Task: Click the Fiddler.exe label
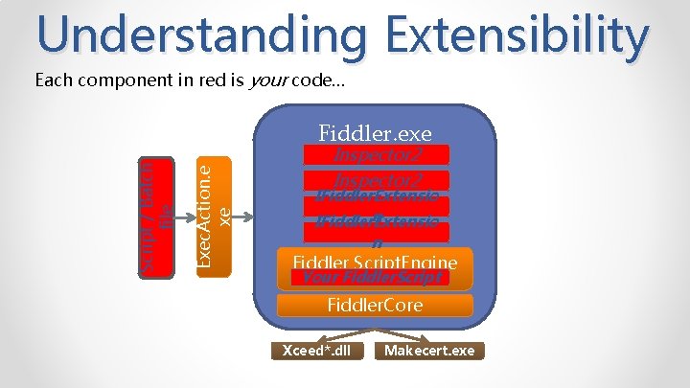click(375, 132)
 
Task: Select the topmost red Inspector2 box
click(375, 154)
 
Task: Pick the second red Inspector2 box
click(375, 180)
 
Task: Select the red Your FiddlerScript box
click(375, 279)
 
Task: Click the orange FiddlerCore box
click(375, 307)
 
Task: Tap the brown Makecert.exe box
click(428, 351)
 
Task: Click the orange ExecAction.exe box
click(214, 217)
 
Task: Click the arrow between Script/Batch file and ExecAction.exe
click(184, 217)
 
